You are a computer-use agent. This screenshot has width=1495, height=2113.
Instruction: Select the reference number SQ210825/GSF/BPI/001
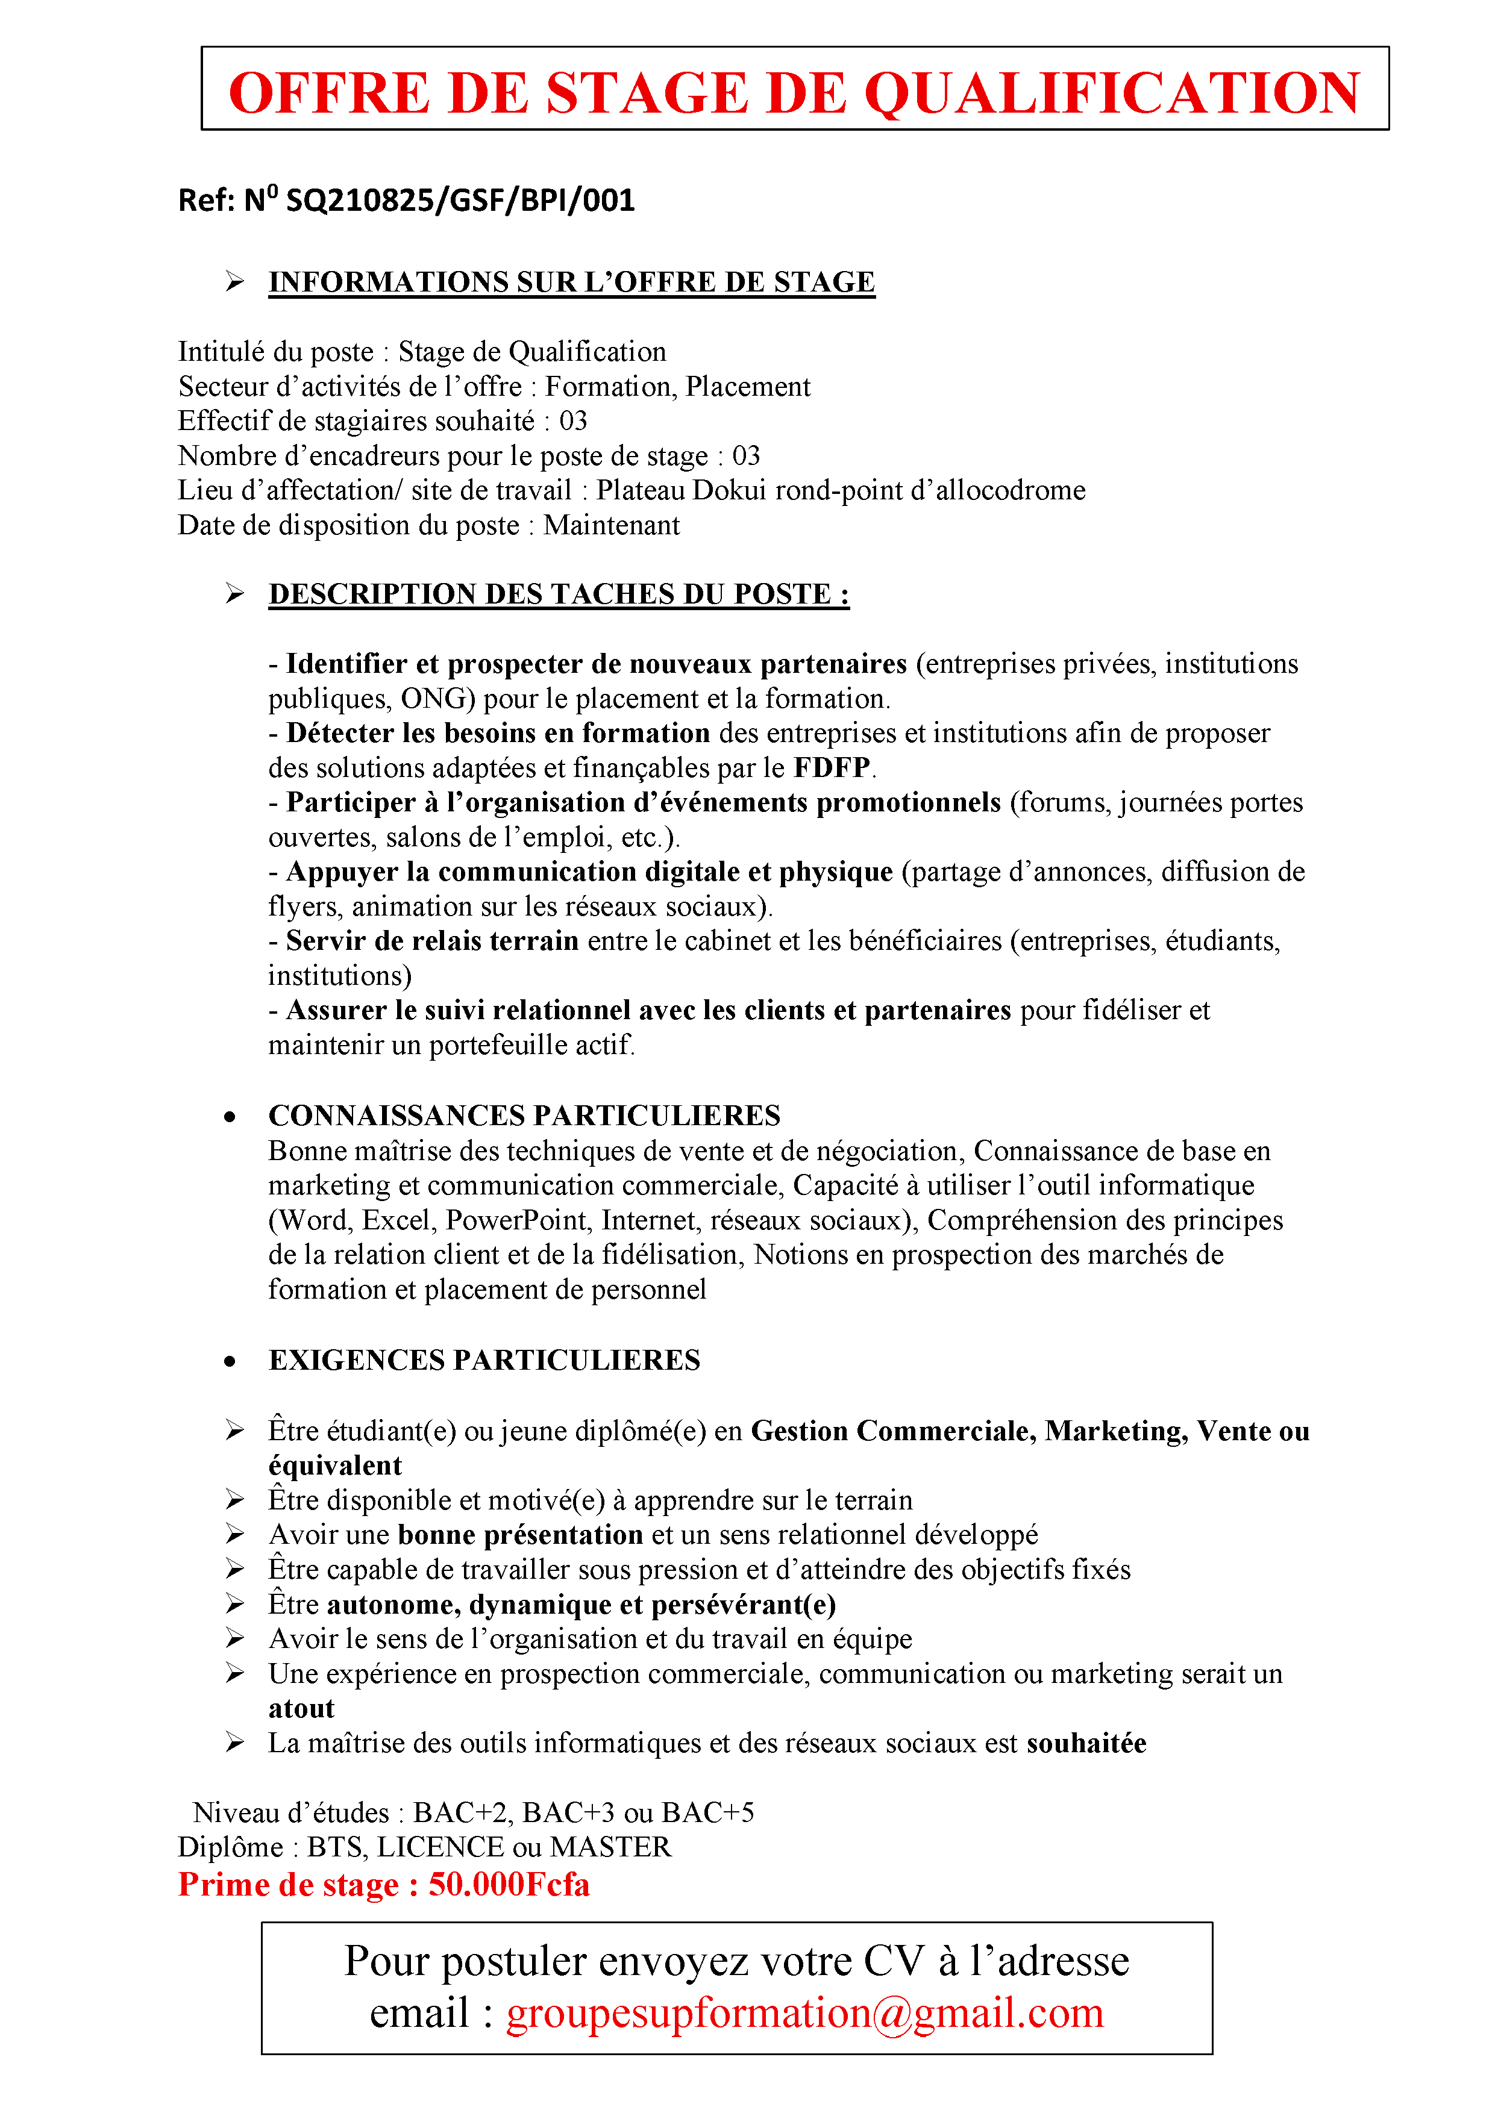pos(460,201)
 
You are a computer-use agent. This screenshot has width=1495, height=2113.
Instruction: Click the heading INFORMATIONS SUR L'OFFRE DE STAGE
pos(571,282)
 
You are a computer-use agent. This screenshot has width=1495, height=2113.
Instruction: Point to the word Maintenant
pos(611,525)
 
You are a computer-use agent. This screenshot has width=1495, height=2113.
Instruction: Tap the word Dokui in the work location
pos(730,490)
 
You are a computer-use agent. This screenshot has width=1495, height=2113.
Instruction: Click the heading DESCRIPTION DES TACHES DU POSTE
pos(558,595)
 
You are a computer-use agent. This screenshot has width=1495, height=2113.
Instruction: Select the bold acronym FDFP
pos(832,767)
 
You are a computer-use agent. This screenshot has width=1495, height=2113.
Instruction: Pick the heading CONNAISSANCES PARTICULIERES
pos(524,1116)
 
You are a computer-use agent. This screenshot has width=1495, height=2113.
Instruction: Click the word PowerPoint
pos(516,1220)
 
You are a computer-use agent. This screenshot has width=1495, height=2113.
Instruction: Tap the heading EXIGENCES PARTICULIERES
pos(484,1360)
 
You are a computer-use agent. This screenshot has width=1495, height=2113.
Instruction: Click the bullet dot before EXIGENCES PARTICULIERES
pos(229,1362)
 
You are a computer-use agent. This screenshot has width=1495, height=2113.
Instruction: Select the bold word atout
pos(301,1709)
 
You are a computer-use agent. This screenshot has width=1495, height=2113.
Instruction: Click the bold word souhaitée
pos(1086,1744)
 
